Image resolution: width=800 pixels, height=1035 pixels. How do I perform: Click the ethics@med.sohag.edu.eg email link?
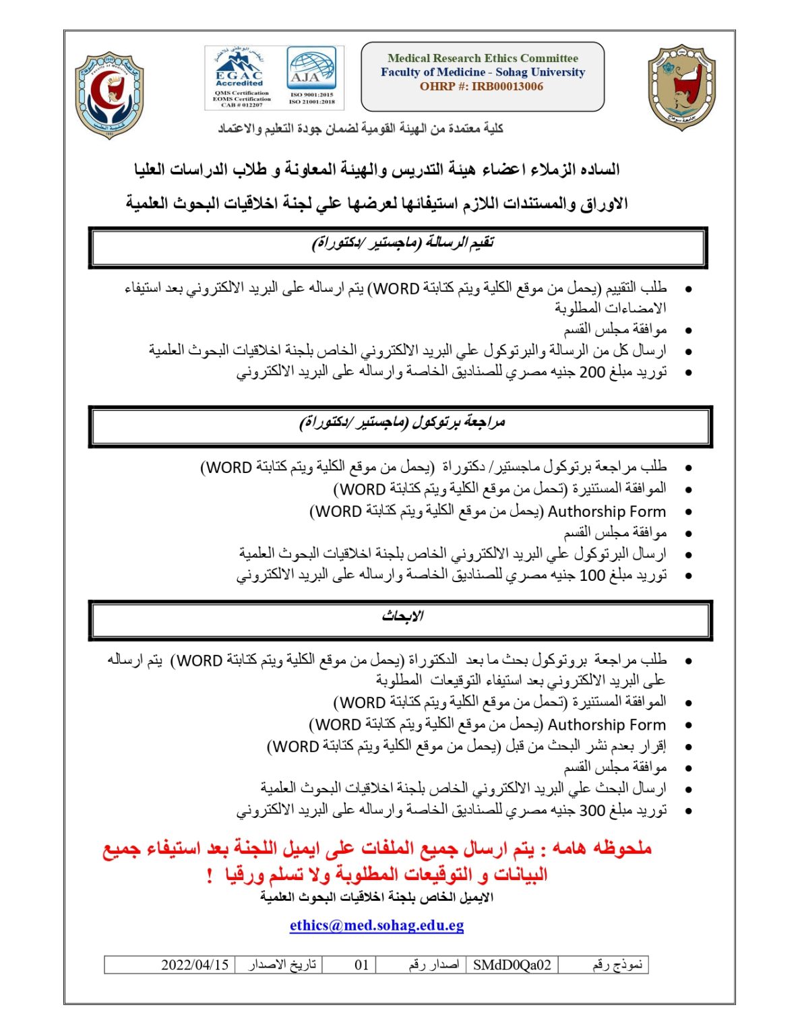(x=377, y=925)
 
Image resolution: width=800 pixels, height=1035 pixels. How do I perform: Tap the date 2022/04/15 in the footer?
(x=195, y=965)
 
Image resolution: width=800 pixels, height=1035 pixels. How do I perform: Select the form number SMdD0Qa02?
(x=512, y=965)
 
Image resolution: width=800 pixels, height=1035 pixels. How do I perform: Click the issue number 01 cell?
(x=361, y=965)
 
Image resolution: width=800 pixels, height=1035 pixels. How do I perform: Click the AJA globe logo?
(x=312, y=67)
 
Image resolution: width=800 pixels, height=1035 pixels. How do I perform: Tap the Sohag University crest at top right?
(x=681, y=87)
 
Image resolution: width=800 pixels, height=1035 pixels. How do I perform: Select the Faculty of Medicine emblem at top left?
(x=109, y=94)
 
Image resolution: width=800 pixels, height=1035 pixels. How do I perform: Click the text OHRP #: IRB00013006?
(x=481, y=86)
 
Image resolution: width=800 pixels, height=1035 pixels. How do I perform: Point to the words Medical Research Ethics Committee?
(x=483, y=58)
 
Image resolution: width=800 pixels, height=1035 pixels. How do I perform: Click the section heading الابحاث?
(x=402, y=617)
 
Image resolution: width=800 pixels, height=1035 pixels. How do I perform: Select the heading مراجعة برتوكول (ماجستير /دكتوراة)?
(x=402, y=423)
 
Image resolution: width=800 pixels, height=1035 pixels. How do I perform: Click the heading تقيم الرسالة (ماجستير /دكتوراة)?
(x=402, y=243)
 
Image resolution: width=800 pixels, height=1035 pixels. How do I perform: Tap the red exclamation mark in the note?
(x=210, y=875)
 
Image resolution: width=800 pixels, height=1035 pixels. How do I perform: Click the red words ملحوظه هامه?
(x=602, y=848)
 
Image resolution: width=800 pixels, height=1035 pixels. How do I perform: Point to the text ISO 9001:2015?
(x=312, y=95)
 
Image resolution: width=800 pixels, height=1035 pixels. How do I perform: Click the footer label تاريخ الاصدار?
(x=282, y=965)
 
